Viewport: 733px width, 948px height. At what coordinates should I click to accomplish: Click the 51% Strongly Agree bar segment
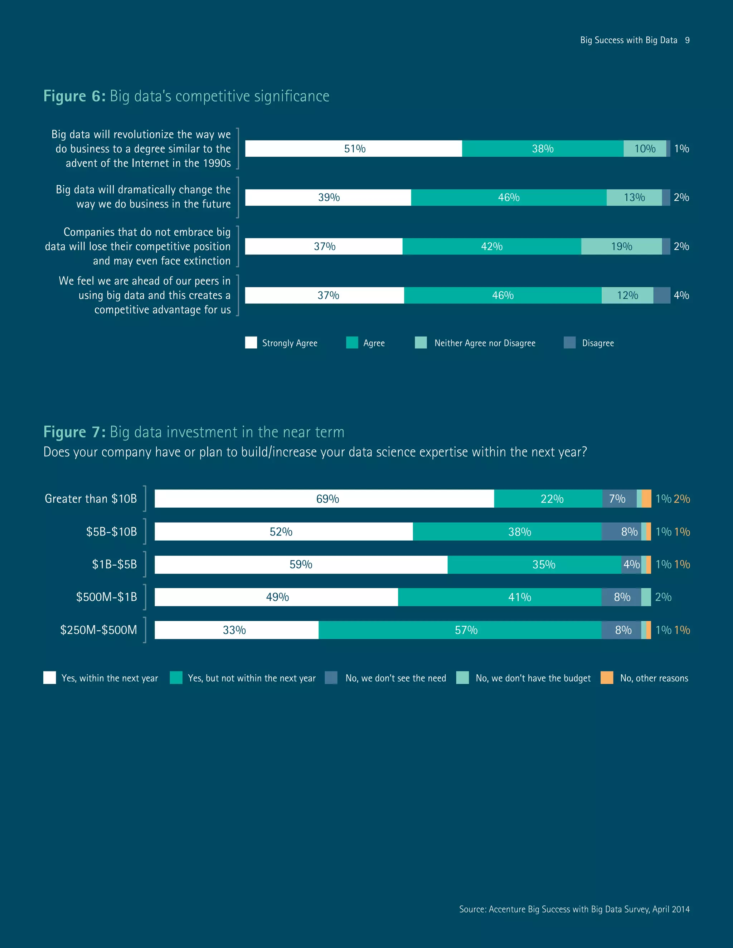[354, 148]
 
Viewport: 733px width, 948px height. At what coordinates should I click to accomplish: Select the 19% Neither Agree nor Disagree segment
[621, 246]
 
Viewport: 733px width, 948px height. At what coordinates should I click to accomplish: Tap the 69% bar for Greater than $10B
[324, 499]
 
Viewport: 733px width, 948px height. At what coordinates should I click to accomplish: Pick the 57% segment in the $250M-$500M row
[460, 630]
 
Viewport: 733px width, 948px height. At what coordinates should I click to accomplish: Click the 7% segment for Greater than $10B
[617, 499]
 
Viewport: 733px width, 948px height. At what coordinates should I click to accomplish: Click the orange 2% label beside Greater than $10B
[682, 499]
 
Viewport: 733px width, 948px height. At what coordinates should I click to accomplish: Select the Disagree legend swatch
[569, 342]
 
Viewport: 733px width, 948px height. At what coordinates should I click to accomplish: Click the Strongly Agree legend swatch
[251, 342]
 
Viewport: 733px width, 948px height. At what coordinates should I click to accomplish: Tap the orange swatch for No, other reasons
[607, 678]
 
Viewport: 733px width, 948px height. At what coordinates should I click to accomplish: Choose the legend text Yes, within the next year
[110, 678]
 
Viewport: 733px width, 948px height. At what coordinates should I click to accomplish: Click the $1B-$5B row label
[114, 564]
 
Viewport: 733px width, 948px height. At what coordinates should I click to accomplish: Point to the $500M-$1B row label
[106, 597]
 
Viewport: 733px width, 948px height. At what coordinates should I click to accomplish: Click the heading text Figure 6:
[74, 96]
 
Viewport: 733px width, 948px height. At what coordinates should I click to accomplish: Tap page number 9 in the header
[687, 40]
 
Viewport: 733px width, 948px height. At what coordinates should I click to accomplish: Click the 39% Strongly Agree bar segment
[328, 197]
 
